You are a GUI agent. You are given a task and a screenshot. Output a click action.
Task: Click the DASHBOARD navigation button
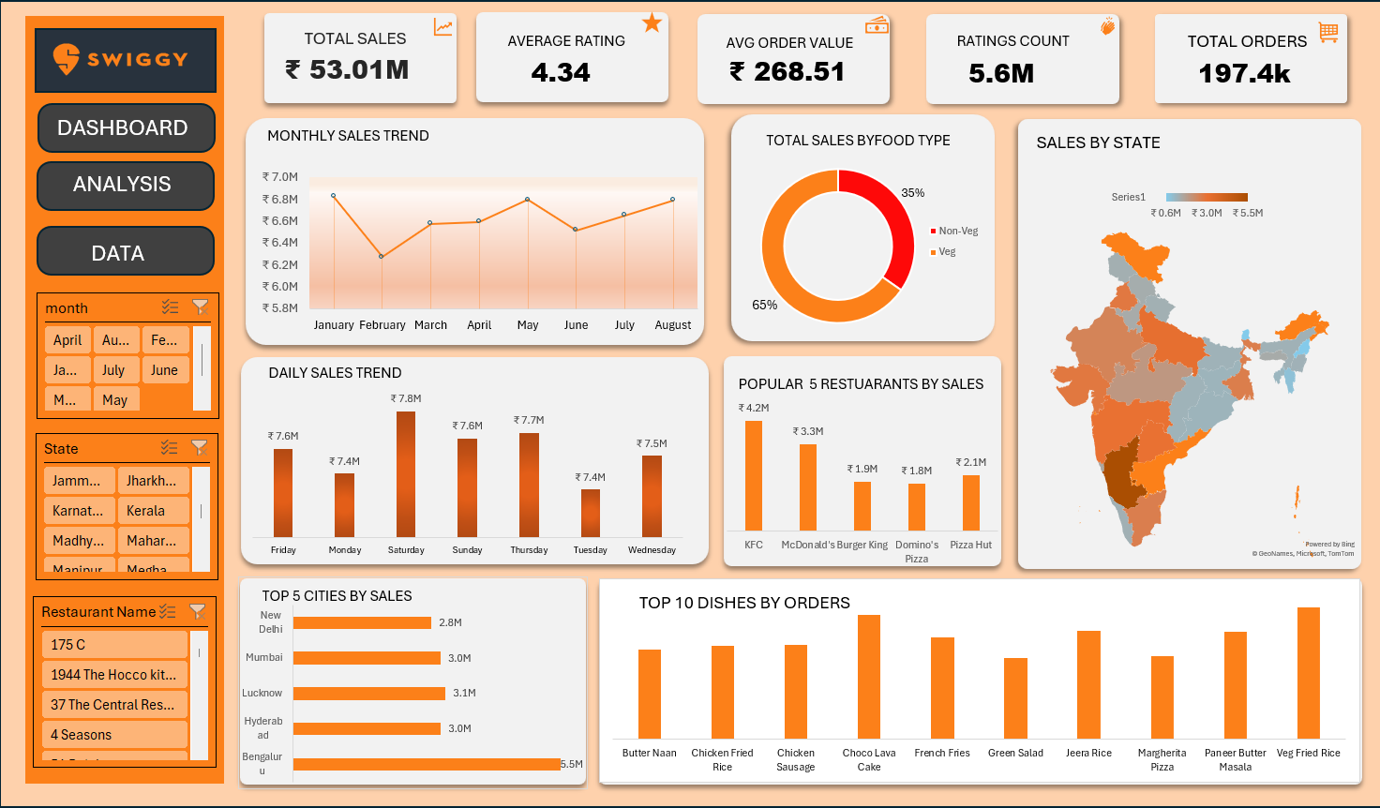click(x=126, y=127)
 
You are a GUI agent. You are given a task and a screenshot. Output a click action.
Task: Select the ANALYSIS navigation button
click(x=125, y=185)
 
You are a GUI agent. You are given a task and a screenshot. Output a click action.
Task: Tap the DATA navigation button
click(x=125, y=252)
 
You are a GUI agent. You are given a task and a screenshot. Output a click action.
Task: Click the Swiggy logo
click(x=125, y=60)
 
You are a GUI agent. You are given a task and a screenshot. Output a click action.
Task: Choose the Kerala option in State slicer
click(x=153, y=511)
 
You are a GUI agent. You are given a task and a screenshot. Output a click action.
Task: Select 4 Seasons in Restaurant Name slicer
click(x=114, y=735)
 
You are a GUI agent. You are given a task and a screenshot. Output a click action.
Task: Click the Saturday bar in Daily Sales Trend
click(x=406, y=473)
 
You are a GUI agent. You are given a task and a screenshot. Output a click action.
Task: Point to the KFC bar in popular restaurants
click(x=754, y=475)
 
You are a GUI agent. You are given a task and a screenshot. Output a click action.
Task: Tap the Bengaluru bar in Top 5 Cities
click(x=427, y=764)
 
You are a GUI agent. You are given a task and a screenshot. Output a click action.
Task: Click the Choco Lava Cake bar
click(x=869, y=676)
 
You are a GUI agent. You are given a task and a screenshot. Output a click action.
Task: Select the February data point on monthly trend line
click(x=382, y=256)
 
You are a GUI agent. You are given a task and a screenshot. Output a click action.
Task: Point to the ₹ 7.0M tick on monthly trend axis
click(x=279, y=177)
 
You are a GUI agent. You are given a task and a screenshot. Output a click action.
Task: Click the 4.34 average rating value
click(x=561, y=72)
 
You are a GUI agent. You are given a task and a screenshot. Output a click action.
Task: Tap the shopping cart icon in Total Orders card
click(x=1327, y=32)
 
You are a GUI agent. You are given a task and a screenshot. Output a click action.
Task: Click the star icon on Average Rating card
click(x=652, y=23)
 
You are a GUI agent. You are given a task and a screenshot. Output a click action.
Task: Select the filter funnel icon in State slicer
click(x=199, y=448)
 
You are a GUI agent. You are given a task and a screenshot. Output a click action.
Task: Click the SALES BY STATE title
click(x=1098, y=142)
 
